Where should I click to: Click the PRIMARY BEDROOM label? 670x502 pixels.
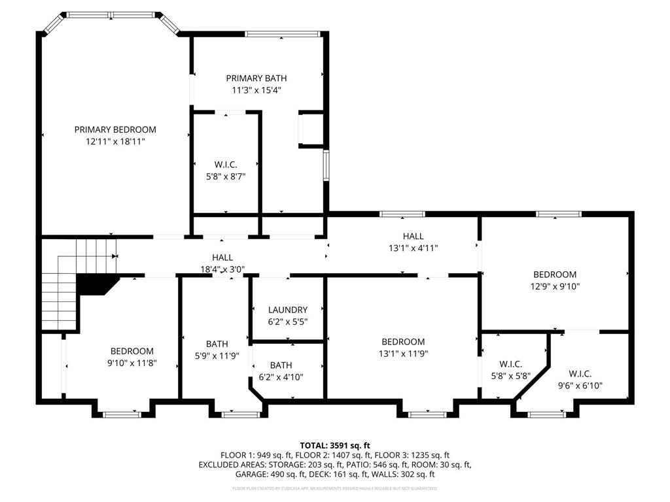115,129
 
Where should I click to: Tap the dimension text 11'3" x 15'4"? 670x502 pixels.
256,90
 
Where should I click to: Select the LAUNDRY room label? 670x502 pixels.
287,310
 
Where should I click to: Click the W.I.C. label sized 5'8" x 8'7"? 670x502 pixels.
225,164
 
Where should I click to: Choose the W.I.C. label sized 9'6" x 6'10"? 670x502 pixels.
580,374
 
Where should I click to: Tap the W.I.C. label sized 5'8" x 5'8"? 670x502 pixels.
510,364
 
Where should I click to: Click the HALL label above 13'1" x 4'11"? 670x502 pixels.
413,236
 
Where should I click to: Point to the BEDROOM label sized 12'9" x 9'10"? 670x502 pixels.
554,275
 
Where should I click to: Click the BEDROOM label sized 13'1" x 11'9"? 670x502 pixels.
403,342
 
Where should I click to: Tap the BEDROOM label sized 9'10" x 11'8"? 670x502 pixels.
132,351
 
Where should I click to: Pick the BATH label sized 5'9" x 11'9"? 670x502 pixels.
217,344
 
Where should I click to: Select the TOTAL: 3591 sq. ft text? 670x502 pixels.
334,444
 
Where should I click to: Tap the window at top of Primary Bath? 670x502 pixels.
282,33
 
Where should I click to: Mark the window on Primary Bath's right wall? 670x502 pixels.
325,164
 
